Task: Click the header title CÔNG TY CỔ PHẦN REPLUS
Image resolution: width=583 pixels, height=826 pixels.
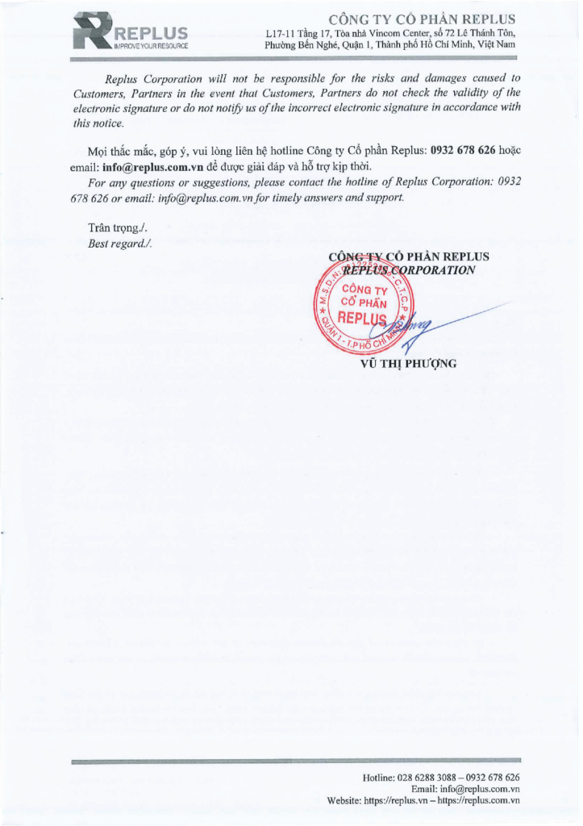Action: point(423,19)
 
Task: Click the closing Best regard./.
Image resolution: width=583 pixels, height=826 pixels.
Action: point(119,243)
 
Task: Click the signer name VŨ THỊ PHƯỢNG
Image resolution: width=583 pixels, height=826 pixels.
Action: point(408,363)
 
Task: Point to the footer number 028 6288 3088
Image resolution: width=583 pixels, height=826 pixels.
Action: point(428,777)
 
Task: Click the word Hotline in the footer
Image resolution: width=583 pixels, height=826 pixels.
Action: point(377,777)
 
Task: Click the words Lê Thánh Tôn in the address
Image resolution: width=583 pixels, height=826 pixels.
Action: point(485,33)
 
